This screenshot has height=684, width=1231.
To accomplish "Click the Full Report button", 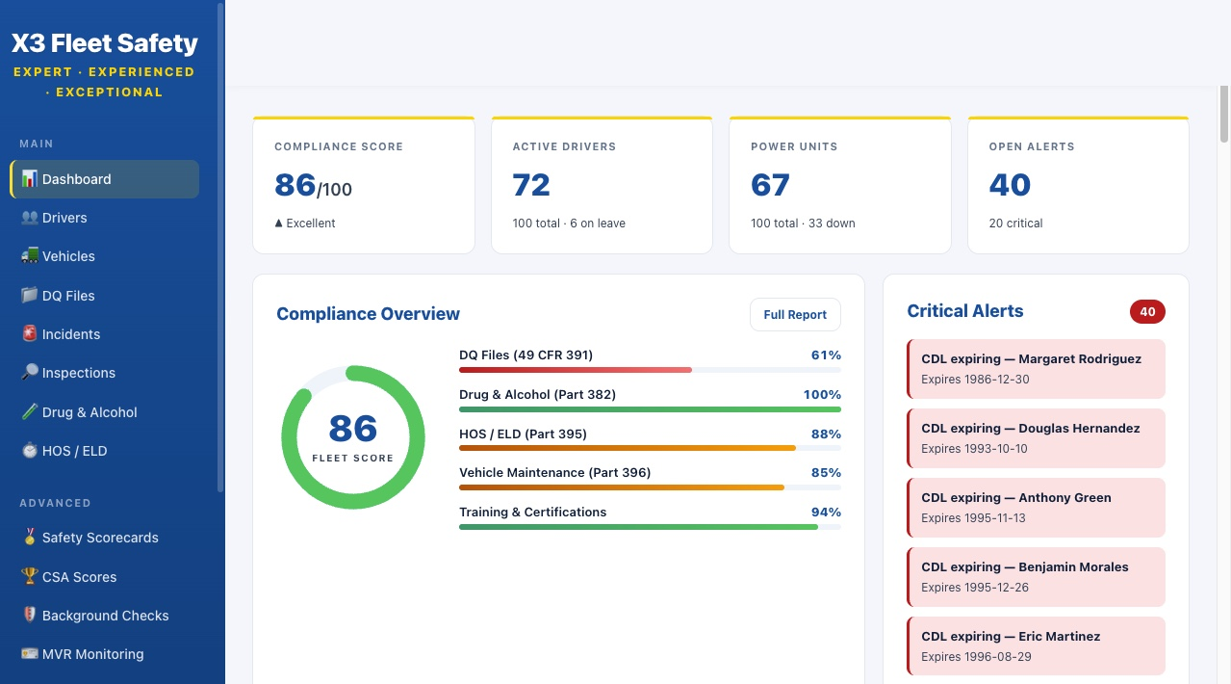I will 795,315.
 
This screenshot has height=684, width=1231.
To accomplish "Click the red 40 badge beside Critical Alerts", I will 1147,312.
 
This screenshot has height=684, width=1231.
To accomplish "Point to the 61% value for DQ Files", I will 826,355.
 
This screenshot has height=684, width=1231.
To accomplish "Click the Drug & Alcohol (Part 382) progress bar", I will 650,409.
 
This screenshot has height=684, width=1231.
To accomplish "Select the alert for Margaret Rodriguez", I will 1036,368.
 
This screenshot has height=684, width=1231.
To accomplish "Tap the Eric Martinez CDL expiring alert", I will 1036,645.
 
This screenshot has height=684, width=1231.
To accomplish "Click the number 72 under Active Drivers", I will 531,185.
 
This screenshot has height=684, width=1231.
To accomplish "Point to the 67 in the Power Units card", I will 770,185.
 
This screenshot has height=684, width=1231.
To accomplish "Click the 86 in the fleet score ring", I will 352,429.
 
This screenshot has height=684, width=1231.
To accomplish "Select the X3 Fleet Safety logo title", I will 105,43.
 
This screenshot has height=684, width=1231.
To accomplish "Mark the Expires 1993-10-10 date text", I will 974,449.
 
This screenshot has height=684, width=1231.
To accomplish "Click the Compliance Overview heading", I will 368,314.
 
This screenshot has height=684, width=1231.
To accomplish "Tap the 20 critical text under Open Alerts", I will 1015,224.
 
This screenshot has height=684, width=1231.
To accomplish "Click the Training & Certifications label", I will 532,513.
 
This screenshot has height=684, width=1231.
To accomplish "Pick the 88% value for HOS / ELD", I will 826,434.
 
